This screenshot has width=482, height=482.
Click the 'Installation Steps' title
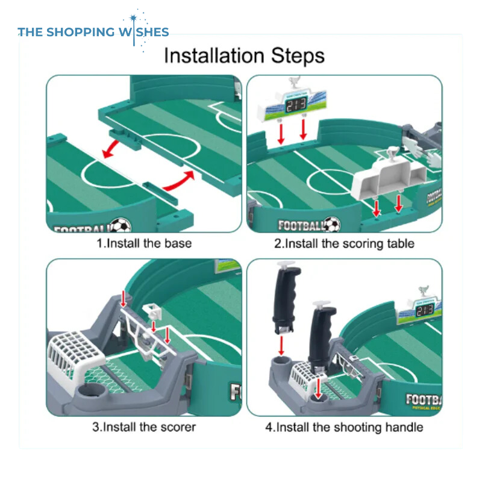click(244, 55)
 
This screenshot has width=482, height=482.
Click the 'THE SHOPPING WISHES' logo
click(93, 32)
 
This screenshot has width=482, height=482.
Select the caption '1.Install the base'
click(144, 243)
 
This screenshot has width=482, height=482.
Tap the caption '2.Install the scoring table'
click(344, 243)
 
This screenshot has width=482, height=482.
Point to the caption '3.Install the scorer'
click(144, 427)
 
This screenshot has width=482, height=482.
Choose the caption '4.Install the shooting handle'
click(344, 427)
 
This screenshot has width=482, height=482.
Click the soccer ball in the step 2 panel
click(332, 225)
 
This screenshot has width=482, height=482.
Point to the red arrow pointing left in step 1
click(117, 146)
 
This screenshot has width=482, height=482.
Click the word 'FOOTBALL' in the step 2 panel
click(301, 226)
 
